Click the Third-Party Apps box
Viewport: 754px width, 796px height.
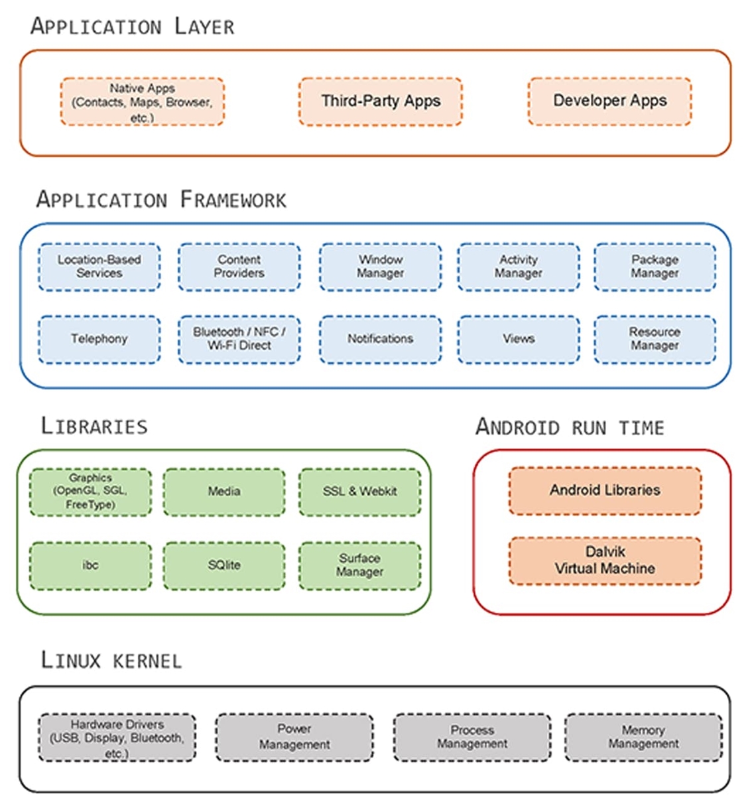380,101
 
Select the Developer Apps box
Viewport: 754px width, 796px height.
609,101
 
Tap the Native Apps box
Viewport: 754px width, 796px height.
142,102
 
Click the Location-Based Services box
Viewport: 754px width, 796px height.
99,267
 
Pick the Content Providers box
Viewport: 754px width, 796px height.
239,267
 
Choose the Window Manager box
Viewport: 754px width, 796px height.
380,267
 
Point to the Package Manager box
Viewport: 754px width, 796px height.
655,267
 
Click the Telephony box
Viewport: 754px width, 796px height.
99,339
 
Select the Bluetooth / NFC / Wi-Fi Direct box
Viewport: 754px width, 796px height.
239,339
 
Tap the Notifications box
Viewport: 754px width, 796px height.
380,339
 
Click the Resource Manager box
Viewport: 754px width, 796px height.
655,339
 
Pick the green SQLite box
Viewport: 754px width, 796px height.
224,565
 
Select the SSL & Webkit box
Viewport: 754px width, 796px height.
359,492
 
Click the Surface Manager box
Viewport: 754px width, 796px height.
359,565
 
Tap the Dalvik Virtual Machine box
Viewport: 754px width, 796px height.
605,561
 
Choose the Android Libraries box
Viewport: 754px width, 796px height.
605,491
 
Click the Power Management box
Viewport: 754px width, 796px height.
294,737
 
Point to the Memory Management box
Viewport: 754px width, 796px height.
643,737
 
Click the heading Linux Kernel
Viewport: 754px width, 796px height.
111,661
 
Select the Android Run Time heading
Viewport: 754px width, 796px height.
570,427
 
